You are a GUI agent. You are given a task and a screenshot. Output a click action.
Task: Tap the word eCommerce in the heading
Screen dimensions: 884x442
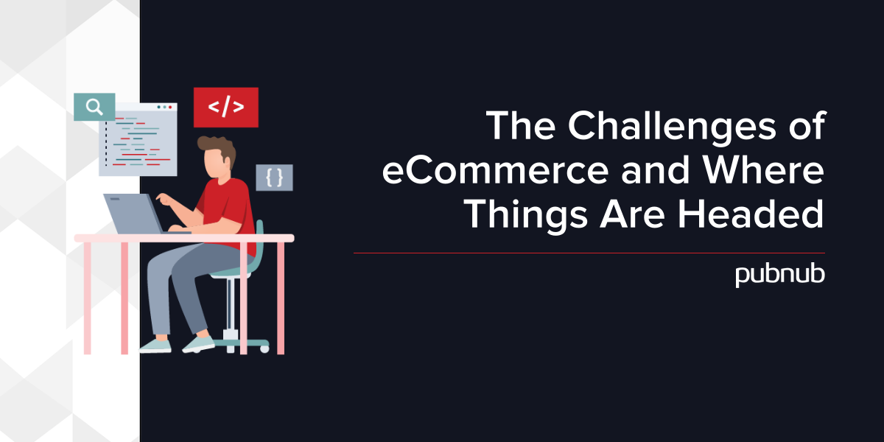pos(495,171)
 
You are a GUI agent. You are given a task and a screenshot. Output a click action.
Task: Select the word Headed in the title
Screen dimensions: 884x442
pos(751,214)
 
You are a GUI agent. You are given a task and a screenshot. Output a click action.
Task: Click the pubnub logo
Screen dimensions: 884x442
pos(780,275)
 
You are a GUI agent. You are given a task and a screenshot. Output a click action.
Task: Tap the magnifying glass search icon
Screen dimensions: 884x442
pos(94,107)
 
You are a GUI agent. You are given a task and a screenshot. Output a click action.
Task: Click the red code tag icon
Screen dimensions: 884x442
pos(225,108)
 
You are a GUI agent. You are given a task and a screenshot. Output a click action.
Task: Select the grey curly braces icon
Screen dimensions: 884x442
pos(274,178)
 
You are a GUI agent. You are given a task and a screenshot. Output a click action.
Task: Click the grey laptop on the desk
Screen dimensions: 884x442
pos(134,214)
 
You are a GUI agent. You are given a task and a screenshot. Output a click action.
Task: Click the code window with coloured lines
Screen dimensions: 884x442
pos(138,139)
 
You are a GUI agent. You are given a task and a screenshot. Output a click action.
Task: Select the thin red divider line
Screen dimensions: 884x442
pos(589,253)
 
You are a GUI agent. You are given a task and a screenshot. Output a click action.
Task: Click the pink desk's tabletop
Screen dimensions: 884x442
pos(184,238)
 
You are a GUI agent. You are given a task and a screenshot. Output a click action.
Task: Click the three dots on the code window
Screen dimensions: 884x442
pos(164,107)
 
